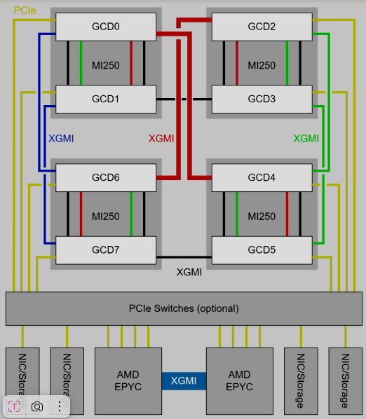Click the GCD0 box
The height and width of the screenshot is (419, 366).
(106, 27)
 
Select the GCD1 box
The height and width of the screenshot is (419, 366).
(106, 99)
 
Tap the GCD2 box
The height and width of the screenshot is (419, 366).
(262, 27)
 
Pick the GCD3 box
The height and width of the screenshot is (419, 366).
(262, 99)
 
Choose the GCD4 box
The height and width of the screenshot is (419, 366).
(262, 178)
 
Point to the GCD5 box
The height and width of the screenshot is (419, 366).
(262, 250)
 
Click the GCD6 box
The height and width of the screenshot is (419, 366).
(106, 178)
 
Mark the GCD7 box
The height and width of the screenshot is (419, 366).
(106, 250)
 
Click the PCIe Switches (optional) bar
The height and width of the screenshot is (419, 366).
(184, 308)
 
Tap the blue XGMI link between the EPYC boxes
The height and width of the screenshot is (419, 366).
(184, 381)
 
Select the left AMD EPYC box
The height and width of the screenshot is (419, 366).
(128, 381)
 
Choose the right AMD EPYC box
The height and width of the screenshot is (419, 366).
(240, 381)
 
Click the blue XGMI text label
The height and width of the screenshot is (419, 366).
(61, 139)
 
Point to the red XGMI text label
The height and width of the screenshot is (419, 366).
(161, 139)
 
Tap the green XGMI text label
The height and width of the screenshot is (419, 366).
(306, 139)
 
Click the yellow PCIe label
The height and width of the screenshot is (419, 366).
(25, 11)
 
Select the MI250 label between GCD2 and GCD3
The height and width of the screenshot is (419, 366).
(262, 65)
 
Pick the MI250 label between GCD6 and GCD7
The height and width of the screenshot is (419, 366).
(106, 217)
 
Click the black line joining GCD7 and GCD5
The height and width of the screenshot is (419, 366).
(184, 257)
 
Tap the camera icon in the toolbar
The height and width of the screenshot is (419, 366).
(37, 406)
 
